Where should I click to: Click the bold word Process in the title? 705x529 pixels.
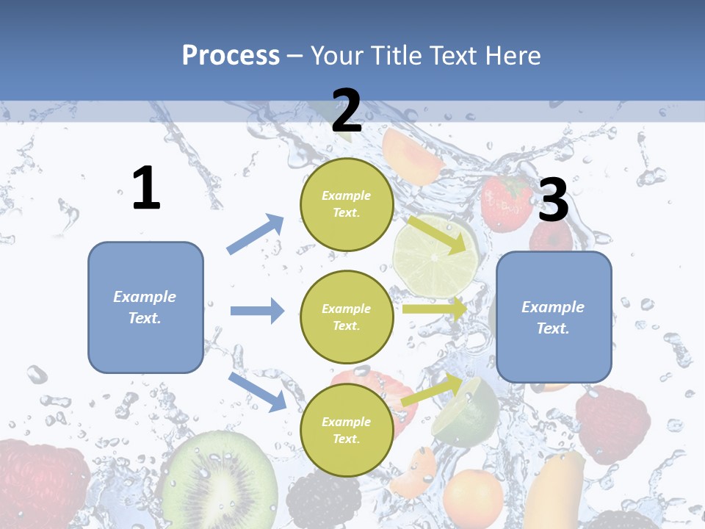pos(231,55)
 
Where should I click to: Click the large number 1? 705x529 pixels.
pos(146,189)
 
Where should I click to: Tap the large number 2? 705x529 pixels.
pos(347,111)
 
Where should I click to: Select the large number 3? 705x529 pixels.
pos(553,201)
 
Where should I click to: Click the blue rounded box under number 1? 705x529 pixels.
pos(145,307)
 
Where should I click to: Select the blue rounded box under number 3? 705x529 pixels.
pos(554,317)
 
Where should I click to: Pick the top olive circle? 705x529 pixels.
pos(347,204)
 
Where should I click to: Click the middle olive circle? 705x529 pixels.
pos(347,317)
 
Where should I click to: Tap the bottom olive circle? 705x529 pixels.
pos(347,430)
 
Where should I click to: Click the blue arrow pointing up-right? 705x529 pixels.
pos(256,234)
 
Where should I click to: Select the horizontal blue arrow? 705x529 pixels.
pos(257,311)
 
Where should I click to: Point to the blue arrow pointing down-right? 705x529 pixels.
pos(257,391)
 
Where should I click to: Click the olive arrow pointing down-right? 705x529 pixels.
pos(437,234)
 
